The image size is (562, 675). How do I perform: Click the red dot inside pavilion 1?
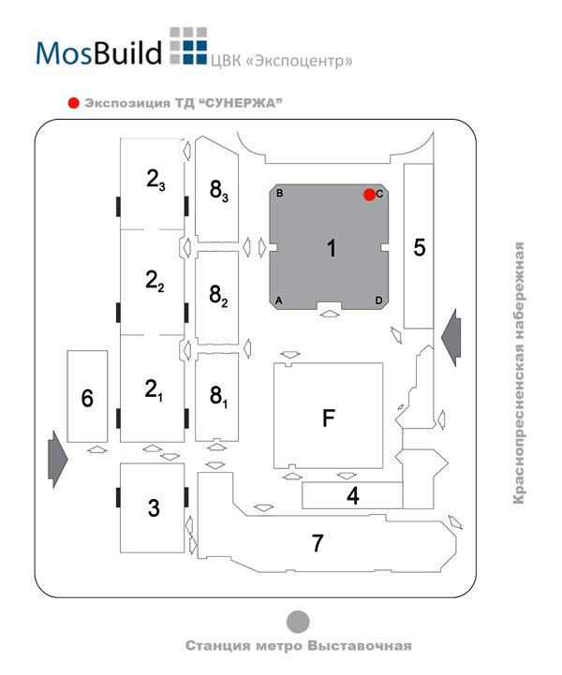pos(369,195)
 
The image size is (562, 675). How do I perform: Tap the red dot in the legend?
pos(74,103)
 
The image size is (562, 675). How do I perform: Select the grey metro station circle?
pos(298,622)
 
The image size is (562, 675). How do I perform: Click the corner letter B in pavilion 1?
pos(279,193)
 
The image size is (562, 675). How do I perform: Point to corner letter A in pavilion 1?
pos(278,301)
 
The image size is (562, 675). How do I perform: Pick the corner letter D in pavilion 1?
pos(378,301)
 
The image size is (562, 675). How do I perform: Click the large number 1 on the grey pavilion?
pos(332,248)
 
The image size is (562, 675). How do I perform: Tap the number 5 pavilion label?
pos(419,247)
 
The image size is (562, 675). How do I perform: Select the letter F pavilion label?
pos(329,418)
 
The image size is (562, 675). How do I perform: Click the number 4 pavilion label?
pos(353,496)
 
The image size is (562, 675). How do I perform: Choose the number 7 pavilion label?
pos(318,543)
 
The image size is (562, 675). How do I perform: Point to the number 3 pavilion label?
pos(154,508)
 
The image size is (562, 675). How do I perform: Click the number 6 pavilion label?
pos(87,398)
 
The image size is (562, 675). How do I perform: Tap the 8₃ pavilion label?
pos(219,190)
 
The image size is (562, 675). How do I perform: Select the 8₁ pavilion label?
pos(218,396)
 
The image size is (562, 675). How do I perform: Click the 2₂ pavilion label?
pos(155,281)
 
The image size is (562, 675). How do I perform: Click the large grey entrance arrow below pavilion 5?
pos(451,337)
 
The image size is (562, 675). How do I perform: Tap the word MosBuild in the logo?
pos(98,53)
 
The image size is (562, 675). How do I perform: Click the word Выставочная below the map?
pos(360,646)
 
